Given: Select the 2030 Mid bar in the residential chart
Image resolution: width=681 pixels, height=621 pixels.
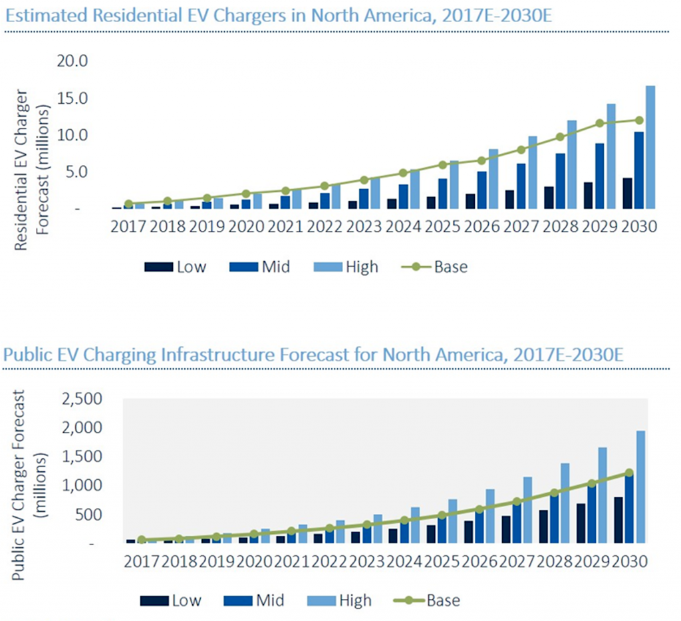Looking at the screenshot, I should tap(638, 170).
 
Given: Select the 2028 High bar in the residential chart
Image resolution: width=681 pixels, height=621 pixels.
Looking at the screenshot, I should tap(571, 164).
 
